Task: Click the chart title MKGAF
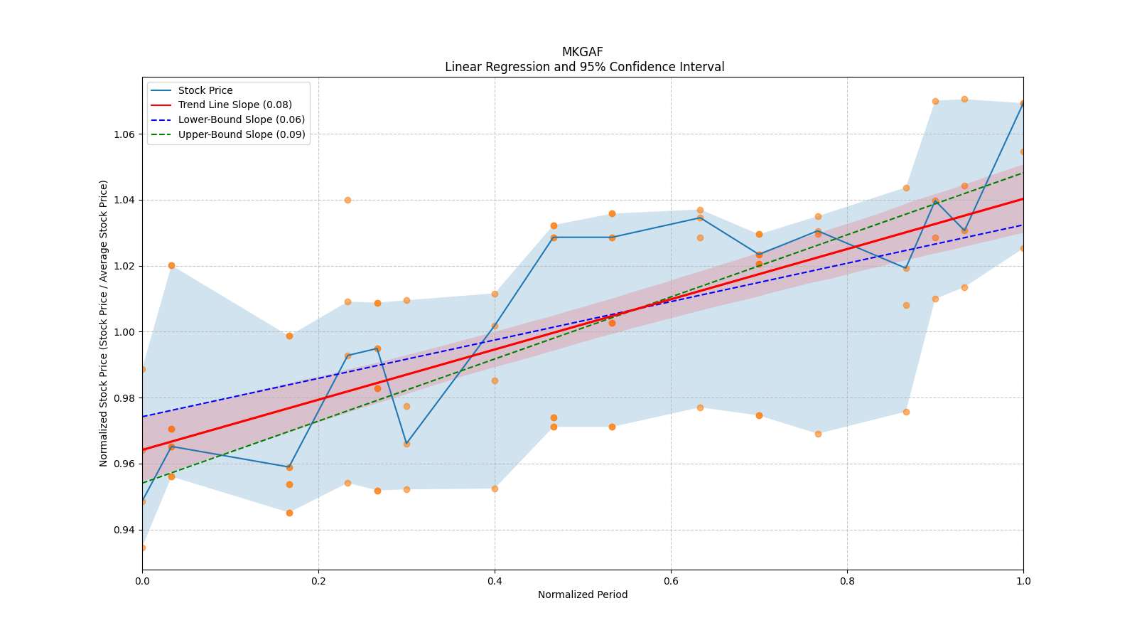582,52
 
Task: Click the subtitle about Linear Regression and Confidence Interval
584,67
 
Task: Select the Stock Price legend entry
205,90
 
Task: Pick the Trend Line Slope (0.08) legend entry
235,105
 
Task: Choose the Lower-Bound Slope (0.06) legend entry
241,119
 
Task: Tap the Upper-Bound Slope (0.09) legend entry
242,134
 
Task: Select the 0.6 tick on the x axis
671,581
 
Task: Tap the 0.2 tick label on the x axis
318,581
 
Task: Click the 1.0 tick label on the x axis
1023,581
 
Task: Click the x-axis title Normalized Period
583,594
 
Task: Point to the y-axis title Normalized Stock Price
104,324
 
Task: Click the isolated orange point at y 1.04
347,200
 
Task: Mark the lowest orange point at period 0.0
142,548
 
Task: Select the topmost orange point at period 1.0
1023,103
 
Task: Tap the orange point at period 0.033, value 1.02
171,265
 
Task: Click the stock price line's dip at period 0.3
406,444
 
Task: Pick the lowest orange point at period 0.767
818,434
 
